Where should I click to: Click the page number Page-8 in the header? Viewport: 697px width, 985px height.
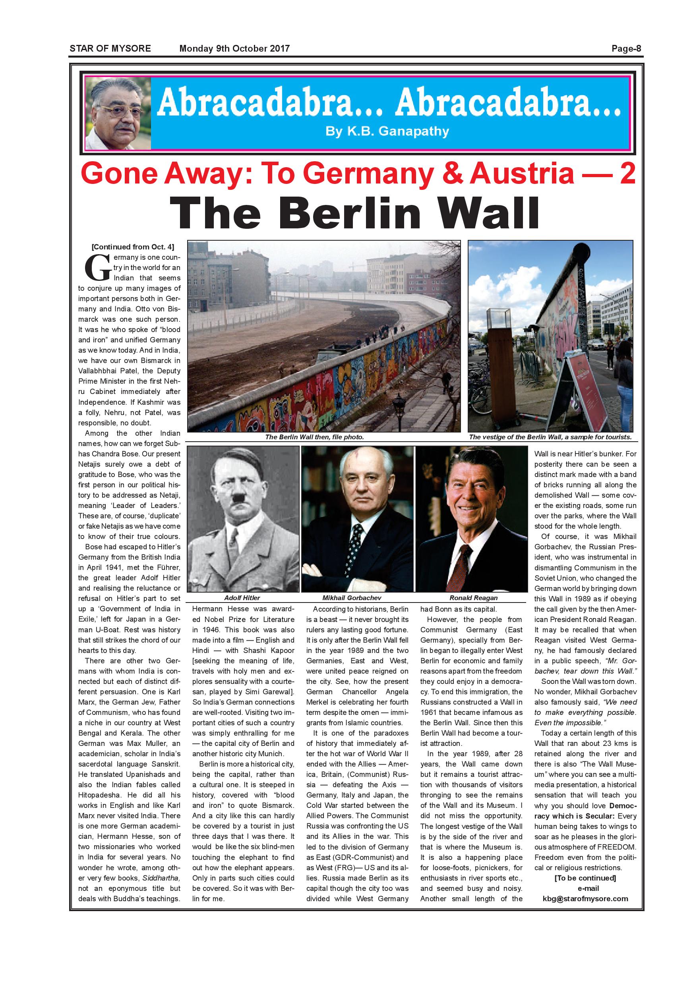pyautogui.click(x=626, y=48)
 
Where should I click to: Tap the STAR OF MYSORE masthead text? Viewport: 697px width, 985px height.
pyautogui.click(x=110, y=48)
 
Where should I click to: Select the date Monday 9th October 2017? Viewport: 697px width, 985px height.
pyautogui.click(x=234, y=48)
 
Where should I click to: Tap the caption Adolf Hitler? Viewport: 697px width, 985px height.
pyautogui.click(x=242, y=598)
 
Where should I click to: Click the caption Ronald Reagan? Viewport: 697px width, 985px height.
pyautogui.click(x=473, y=598)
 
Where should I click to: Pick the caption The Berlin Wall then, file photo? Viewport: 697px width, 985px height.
pyautogui.click(x=314, y=437)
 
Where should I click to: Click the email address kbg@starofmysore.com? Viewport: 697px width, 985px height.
pyautogui.click(x=585, y=898)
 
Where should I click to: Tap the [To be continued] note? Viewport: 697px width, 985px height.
pyautogui.click(x=585, y=878)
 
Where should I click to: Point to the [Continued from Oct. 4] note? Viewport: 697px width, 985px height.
pyautogui.click(x=133, y=247)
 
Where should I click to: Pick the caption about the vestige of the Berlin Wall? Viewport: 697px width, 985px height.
pyautogui.click(x=550, y=437)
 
